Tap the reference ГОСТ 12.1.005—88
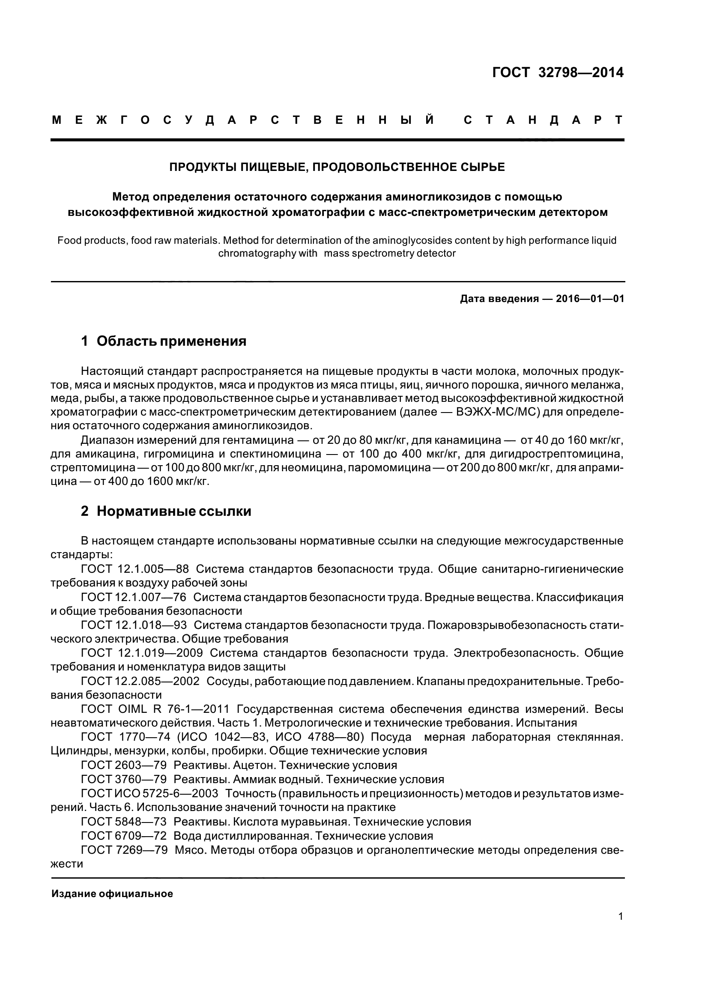(135, 569)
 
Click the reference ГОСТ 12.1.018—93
(134, 625)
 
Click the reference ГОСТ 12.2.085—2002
(140, 681)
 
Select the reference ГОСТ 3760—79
(124, 779)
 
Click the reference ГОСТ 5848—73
(124, 822)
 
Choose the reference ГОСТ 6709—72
(124, 836)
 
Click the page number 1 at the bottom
(620, 928)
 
